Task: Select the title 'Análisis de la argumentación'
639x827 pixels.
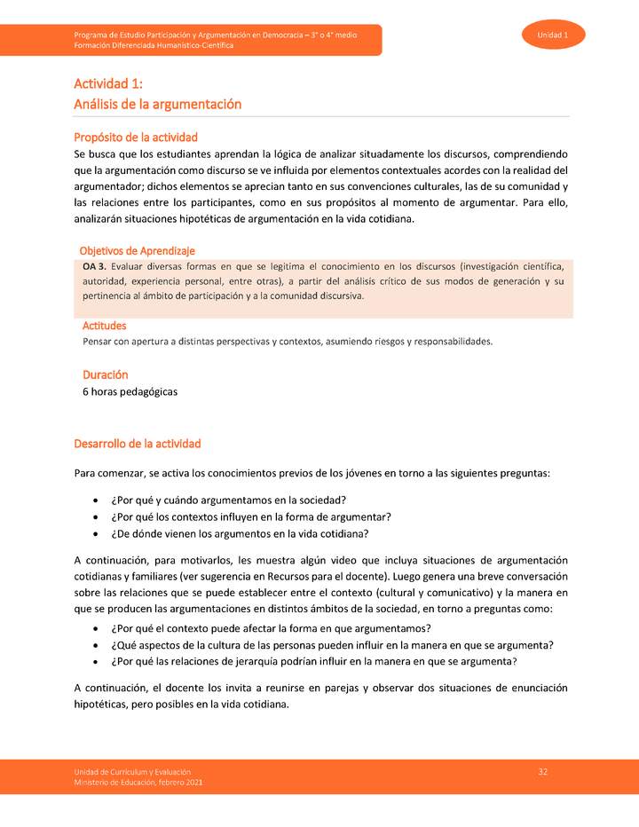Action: pyautogui.click(x=158, y=104)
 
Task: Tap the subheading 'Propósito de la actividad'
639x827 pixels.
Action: pyautogui.click(x=136, y=138)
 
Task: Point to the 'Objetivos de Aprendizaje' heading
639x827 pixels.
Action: pyautogui.click(x=137, y=251)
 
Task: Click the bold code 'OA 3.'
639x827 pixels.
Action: pyautogui.click(x=95, y=266)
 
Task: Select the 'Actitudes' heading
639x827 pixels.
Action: pyautogui.click(x=105, y=326)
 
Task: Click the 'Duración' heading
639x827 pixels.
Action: pyautogui.click(x=106, y=375)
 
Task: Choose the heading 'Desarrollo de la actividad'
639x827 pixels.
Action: pyautogui.click(x=138, y=443)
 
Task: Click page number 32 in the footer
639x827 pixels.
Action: pyautogui.click(x=542, y=772)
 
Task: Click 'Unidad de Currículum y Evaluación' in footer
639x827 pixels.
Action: pyautogui.click(x=132, y=772)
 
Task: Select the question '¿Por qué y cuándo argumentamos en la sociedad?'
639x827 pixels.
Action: pyautogui.click(x=228, y=499)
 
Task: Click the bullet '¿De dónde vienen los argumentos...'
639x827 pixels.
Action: pyautogui.click(x=240, y=533)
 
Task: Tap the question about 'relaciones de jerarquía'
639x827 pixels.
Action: pyautogui.click(x=314, y=662)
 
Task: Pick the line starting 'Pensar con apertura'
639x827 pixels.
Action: pyautogui.click(x=287, y=341)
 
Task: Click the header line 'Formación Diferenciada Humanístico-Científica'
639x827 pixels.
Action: pyautogui.click(x=154, y=45)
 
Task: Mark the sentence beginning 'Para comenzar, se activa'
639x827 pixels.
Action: pyautogui.click(x=312, y=473)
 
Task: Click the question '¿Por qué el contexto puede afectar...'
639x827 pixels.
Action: pyautogui.click(x=271, y=628)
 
